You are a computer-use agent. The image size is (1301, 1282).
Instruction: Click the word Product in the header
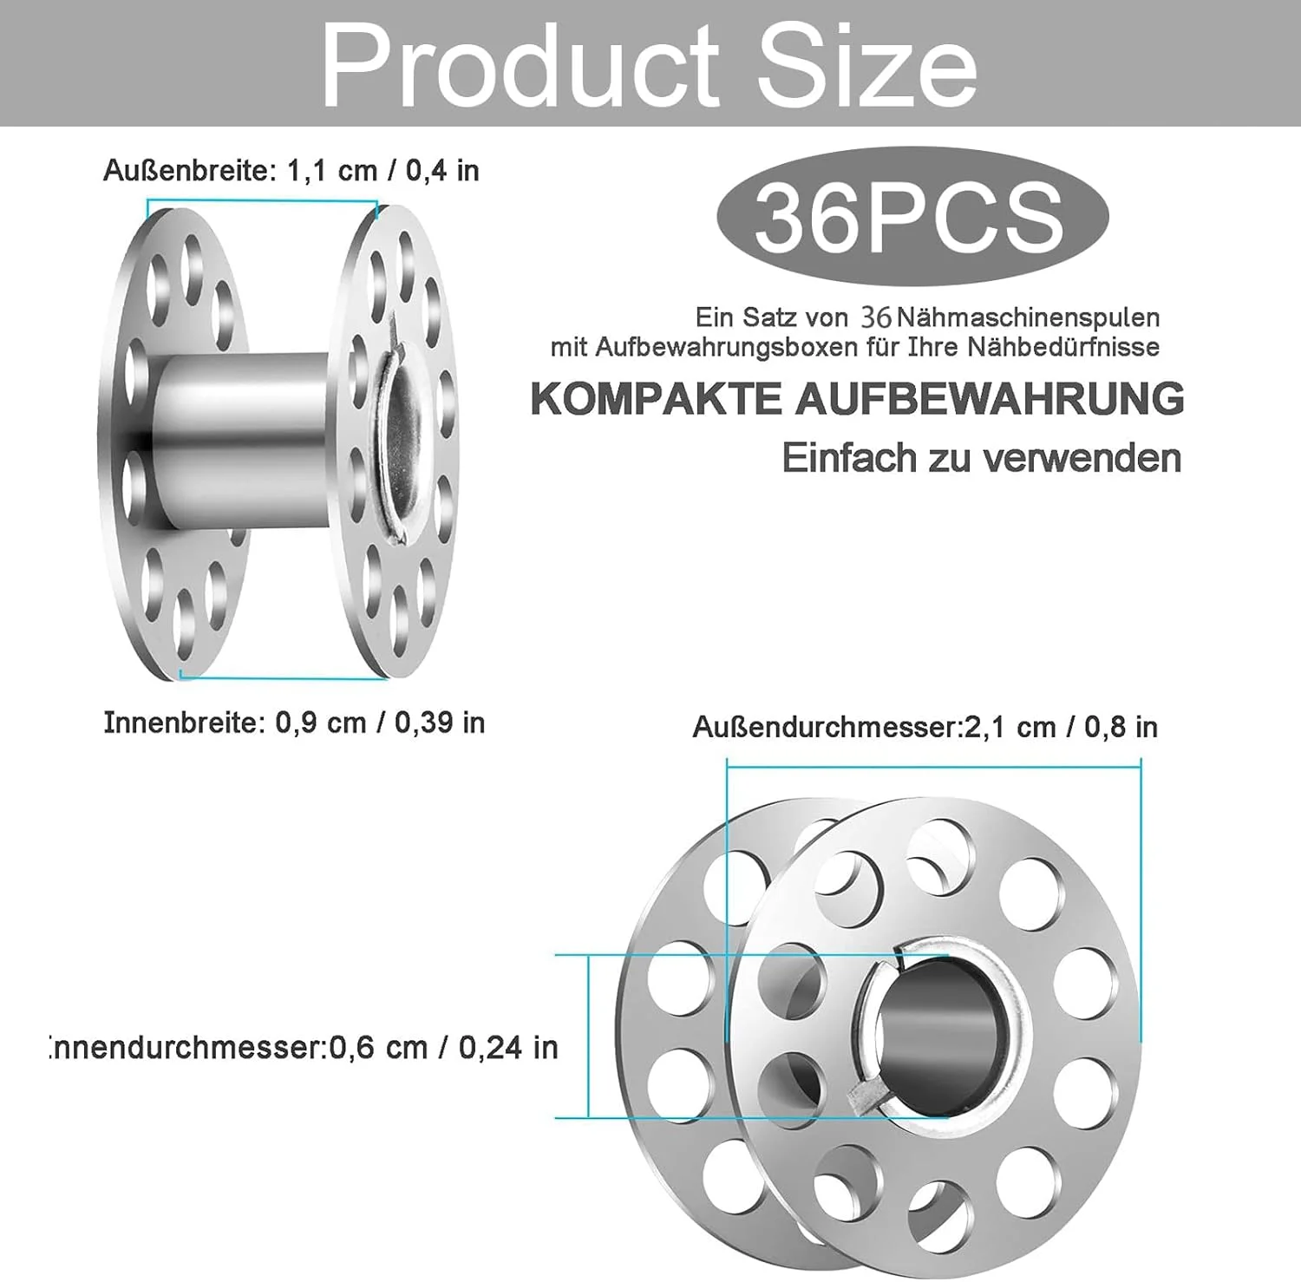519,66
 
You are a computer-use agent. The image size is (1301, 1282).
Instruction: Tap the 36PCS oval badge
912,217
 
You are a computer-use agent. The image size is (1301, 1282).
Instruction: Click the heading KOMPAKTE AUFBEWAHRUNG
857,399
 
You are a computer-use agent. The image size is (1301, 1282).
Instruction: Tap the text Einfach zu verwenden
982,458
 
